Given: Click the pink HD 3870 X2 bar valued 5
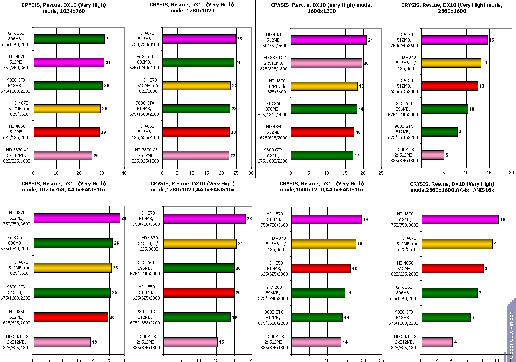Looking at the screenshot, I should click(432, 155).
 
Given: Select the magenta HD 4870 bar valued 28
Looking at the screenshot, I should click(77, 218).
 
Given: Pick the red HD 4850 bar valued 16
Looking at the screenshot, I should click(321, 269).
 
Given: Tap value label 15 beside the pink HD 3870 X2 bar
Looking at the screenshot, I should click(222, 342).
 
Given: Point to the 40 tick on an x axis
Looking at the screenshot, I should click(124, 173).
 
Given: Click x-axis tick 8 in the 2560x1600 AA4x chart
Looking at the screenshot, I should click(482, 360).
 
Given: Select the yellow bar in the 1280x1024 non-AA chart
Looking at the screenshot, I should click(196, 86).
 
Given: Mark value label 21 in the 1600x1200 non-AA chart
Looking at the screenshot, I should click(370, 40).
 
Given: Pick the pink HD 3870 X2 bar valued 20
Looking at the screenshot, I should click(326, 63).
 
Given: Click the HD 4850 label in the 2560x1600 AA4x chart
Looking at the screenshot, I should click(405, 269).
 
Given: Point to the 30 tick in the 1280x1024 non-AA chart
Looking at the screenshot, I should click(251, 173).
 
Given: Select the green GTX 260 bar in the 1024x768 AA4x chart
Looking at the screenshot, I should click(73, 243).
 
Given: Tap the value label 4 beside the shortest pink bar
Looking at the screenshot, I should click(456, 342).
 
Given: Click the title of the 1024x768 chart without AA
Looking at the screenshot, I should click(64, 8).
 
